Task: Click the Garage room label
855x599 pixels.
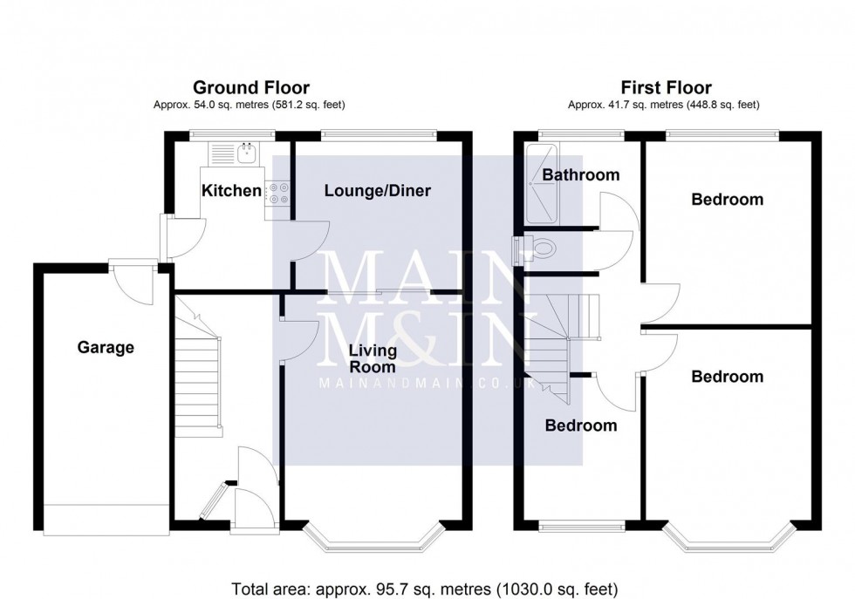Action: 106,348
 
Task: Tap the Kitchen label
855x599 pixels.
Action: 231,191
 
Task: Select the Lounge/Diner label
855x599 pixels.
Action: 378,191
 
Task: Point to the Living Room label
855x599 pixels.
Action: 373,359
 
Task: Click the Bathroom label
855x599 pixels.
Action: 581,175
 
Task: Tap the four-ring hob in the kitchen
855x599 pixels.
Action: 278,193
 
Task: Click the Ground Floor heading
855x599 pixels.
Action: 250,87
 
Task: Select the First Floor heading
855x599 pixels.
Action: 666,87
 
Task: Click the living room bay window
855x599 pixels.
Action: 374,539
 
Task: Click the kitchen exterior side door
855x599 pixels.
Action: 166,235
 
